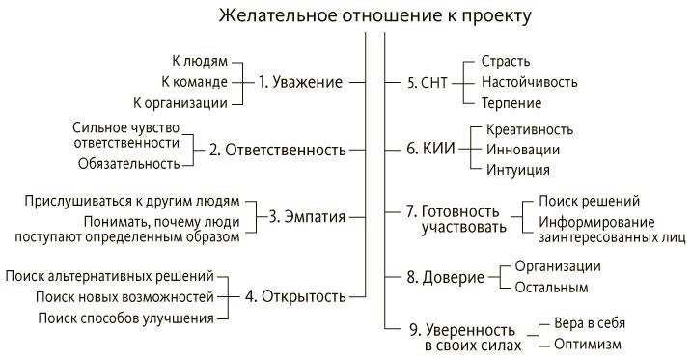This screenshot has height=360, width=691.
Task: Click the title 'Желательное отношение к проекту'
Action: pyautogui.click(x=374, y=16)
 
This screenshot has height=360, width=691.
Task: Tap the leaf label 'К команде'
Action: pyautogui.click(x=193, y=82)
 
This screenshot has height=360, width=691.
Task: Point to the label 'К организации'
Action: pyautogui.click(x=180, y=102)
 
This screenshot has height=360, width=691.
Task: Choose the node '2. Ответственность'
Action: pyautogui.click(x=278, y=150)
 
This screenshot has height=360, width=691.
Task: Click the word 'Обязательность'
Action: pyautogui.click(x=128, y=163)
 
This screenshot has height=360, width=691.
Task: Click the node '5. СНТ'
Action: pyautogui.click(x=428, y=82)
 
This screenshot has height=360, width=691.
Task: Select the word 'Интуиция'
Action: pyautogui.click(x=518, y=169)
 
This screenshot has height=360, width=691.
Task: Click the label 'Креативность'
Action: pyautogui.click(x=530, y=128)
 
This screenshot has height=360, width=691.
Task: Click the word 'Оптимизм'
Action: pyautogui.click(x=588, y=344)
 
